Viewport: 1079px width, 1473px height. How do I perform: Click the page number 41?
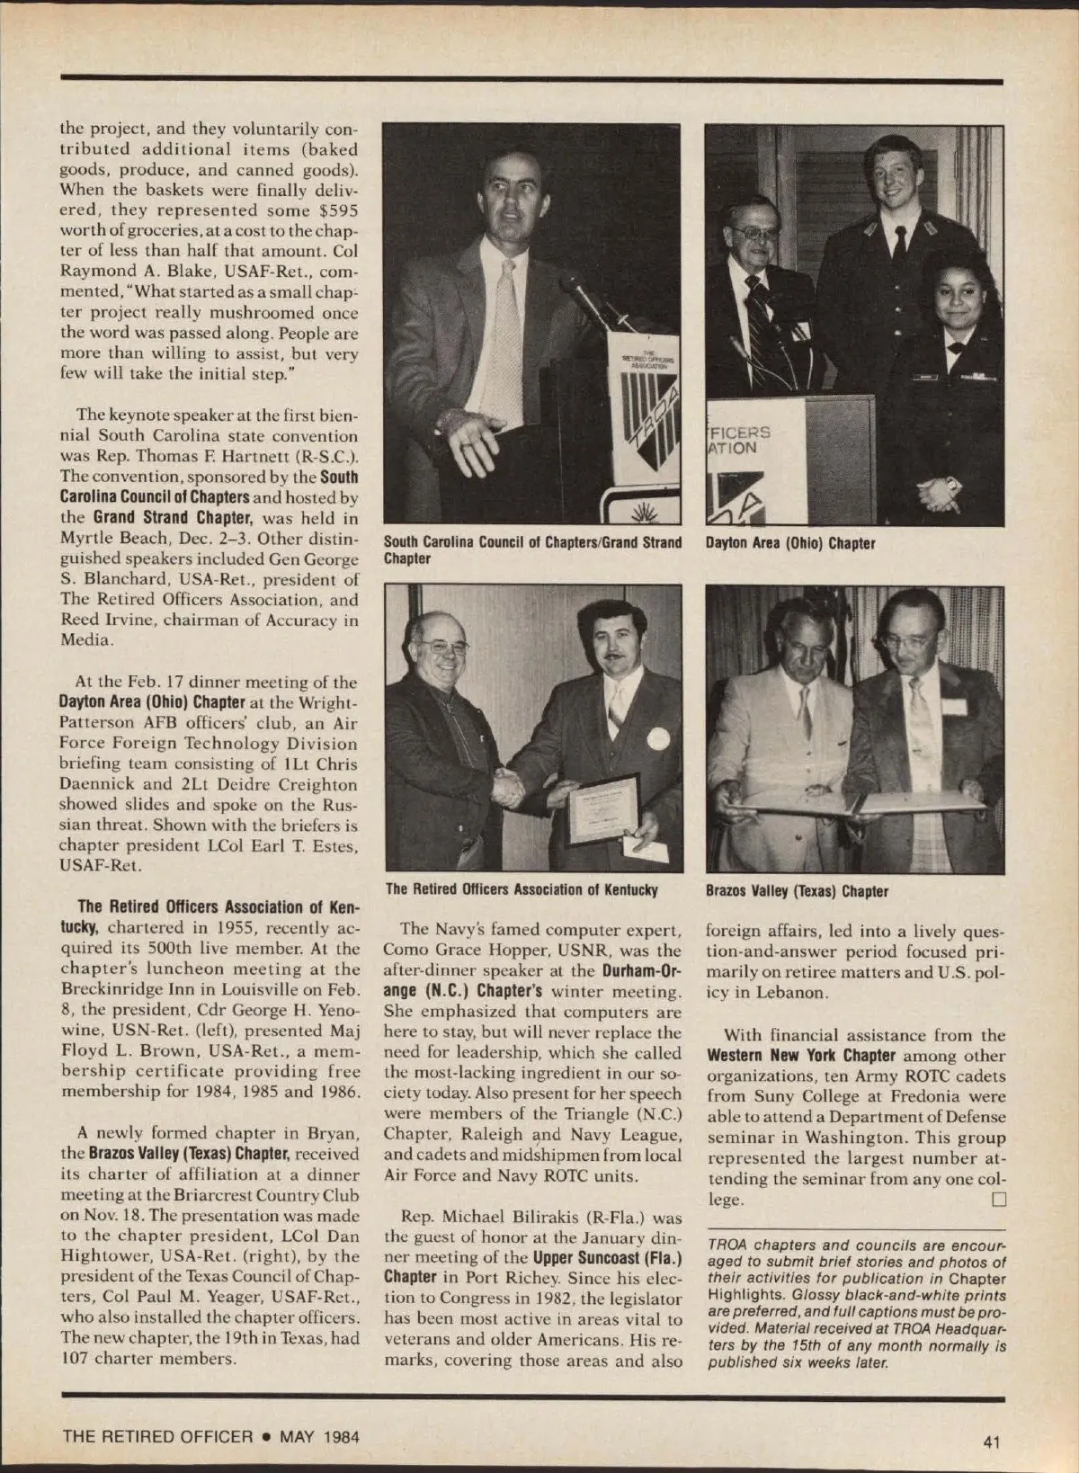point(992,1442)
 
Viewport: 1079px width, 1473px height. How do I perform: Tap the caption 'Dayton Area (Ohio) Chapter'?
point(790,543)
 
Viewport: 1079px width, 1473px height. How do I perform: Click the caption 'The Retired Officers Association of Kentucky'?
point(522,889)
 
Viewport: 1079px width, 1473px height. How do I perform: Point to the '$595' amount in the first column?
point(338,210)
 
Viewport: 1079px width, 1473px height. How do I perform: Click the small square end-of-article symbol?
point(998,1200)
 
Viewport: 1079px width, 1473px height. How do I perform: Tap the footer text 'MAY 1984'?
point(319,1436)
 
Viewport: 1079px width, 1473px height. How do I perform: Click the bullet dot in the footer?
point(267,1436)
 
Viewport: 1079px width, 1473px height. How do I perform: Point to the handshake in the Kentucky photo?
point(509,788)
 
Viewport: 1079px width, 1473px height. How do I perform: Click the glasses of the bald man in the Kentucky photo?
point(445,645)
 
